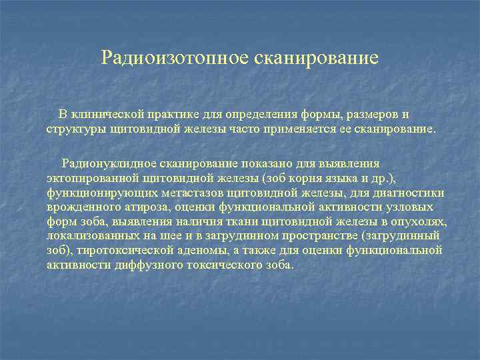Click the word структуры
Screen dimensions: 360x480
coord(74,127)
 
